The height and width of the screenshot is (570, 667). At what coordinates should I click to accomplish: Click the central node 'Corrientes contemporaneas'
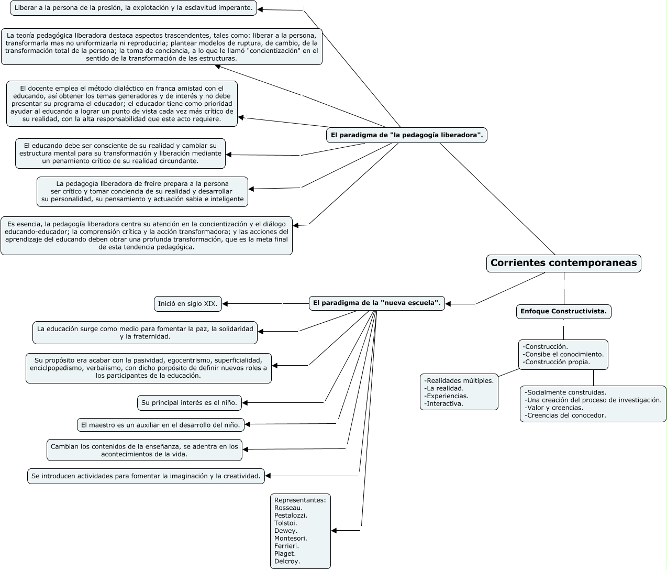click(563, 263)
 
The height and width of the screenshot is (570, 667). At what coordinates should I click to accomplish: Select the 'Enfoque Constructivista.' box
click(563, 311)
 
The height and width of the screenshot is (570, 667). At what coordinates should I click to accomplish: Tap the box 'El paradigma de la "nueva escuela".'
click(376, 303)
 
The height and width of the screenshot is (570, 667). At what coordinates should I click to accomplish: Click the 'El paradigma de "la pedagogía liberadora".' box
click(407, 135)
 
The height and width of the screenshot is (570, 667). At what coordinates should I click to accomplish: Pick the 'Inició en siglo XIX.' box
click(188, 303)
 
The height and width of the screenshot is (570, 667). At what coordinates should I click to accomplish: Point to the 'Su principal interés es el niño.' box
click(190, 403)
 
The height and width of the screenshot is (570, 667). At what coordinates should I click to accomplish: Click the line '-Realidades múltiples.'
click(459, 380)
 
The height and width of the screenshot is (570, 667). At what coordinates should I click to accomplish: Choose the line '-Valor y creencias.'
click(554, 408)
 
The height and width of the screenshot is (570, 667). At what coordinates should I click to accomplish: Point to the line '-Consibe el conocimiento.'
click(563, 354)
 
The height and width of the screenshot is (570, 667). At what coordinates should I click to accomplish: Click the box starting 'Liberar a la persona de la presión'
click(134, 8)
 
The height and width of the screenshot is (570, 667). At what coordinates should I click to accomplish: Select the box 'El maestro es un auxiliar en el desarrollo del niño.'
click(161, 425)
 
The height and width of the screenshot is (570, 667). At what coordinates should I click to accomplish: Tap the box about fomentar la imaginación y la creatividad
click(146, 476)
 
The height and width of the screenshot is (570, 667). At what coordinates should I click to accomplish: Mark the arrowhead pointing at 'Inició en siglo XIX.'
click(225, 303)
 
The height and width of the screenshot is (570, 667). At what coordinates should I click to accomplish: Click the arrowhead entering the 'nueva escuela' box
click(448, 304)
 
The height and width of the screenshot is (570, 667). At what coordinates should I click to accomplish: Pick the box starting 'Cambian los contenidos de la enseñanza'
click(144, 450)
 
